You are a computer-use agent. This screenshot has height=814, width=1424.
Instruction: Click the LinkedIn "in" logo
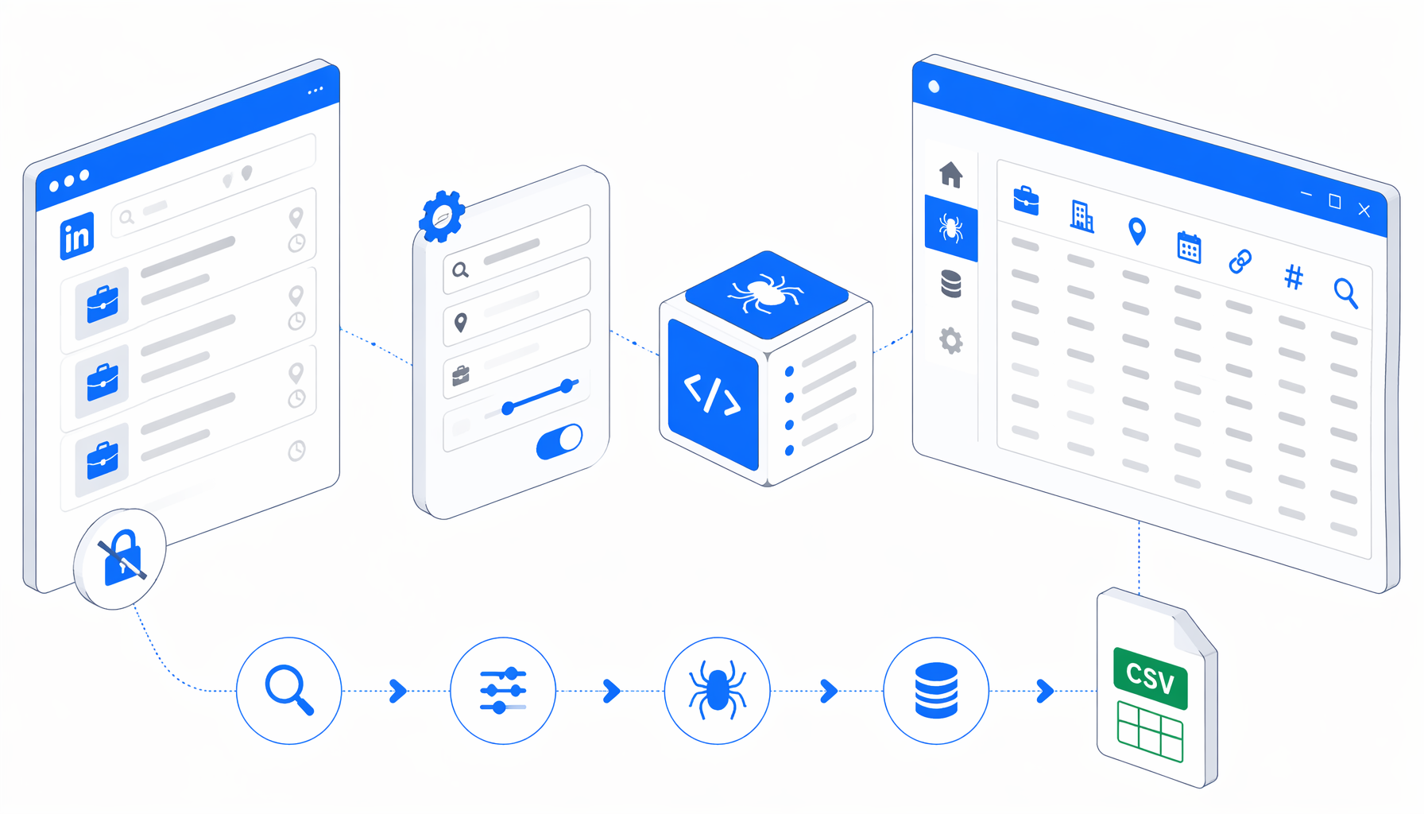click(x=77, y=236)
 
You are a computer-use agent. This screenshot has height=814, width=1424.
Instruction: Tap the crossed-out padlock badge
click(x=120, y=559)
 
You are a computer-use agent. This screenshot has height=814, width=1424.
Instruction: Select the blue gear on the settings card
click(x=442, y=216)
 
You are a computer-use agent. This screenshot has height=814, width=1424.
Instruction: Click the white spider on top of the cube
click(x=766, y=293)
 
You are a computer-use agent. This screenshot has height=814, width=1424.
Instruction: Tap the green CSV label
click(x=1151, y=678)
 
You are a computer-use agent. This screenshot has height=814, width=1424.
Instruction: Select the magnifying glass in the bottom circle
click(x=289, y=691)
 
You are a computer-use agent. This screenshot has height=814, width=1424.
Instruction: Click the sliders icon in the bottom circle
click(x=503, y=691)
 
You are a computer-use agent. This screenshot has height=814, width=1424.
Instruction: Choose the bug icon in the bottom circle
click(x=718, y=690)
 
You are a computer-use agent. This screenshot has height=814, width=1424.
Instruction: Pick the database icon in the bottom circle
click(x=936, y=690)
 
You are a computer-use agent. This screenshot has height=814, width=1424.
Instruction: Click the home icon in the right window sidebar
click(x=951, y=174)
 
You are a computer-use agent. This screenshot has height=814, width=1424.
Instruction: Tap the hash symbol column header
click(x=1294, y=277)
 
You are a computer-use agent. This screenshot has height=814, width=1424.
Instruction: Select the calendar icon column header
click(x=1189, y=247)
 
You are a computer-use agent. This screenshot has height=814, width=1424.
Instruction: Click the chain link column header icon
click(x=1240, y=261)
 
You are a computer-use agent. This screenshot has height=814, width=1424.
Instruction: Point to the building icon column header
click(x=1082, y=215)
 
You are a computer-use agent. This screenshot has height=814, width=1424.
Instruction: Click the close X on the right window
click(x=1364, y=210)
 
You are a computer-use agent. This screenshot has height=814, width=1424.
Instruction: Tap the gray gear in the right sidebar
click(x=951, y=341)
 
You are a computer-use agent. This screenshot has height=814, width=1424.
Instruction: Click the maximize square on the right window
click(x=1335, y=202)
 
